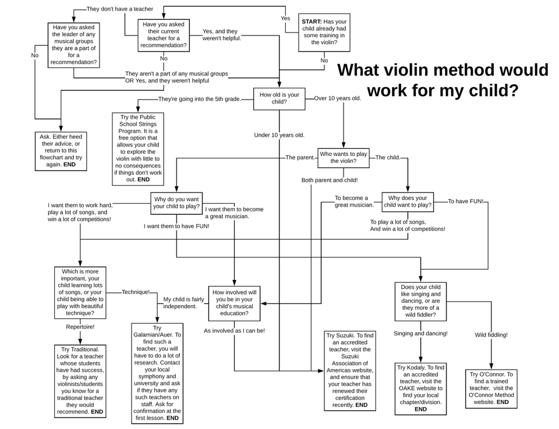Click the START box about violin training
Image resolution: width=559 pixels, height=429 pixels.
click(x=324, y=33)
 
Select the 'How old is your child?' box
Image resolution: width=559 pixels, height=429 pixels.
click(x=279, y=99)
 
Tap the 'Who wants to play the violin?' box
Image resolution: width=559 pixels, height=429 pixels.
click(x=344, y=158)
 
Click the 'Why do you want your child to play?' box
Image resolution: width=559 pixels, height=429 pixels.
click(x=176, y=203)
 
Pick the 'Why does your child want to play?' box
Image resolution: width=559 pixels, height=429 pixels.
click(x=408, y=202)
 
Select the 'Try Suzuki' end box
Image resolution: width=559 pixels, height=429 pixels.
click(x=350, y=371)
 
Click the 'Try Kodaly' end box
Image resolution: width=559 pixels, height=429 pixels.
click(x=420, y=388)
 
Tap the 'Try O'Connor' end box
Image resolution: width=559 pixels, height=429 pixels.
click(x=491, y=388)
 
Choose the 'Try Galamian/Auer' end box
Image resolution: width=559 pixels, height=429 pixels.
click(x=157, y=374)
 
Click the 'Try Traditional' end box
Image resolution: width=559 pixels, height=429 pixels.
click(x=80, y=381)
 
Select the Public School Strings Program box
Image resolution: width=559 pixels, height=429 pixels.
click(x=138, y=149)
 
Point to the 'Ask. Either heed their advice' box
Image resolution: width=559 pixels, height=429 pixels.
click(x=61, y=151)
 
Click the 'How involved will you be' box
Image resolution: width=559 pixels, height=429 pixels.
click(x=234, y=303)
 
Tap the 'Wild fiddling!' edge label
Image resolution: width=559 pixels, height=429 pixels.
click(x=491, y=335)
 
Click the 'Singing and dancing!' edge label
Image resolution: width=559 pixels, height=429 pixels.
click(x=420, y=334)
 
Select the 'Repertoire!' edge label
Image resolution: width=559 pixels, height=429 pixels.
click(x=80, y=327)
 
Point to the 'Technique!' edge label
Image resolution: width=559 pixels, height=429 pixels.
click(x=136, y=292)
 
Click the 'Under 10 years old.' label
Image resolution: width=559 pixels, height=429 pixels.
click(x=279, y=135)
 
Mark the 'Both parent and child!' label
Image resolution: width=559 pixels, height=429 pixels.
click(x=330, y=180)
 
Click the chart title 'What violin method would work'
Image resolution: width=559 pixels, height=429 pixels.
click(x=443, y=80)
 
